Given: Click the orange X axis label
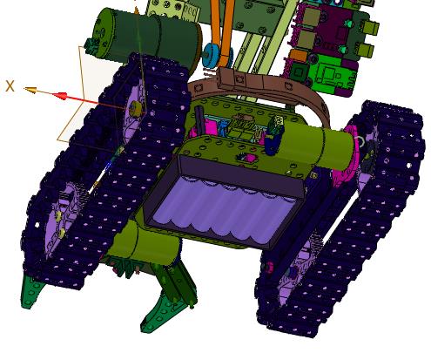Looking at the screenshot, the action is [10, 86].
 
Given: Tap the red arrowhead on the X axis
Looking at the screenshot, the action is [61, 96].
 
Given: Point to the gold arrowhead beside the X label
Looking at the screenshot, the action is [30, 90].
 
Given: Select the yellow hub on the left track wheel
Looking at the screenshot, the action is [136, 108].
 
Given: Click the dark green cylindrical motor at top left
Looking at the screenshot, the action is [145, 37].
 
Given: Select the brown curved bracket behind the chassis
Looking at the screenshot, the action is [259, 87].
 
